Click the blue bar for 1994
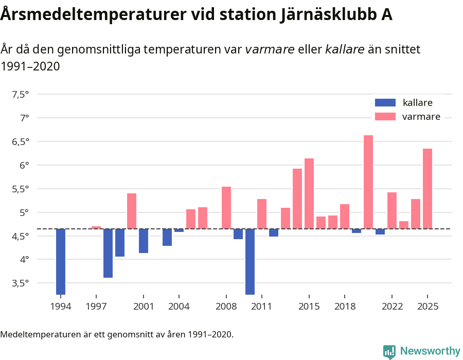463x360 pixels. pos(61,262)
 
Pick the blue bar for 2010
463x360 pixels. pos(250,262)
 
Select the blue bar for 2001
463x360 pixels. pos(144,241)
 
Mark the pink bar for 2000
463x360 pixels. pos(132,211)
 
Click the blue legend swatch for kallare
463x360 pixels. pos(385,103)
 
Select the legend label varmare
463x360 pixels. pos(421,117)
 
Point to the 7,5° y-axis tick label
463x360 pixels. pos(20,94)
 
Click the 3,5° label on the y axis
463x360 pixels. pos(20,283)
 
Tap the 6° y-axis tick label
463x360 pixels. pos(24,165)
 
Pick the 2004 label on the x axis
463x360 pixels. pos(179,307)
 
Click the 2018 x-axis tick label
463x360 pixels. pos(345,307)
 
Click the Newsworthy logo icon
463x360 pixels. pos(389,351)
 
